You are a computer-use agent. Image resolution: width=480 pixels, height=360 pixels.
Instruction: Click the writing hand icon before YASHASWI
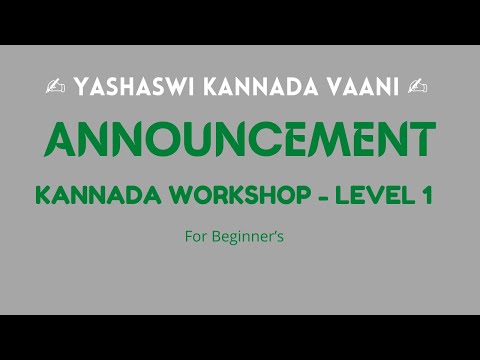(54, 88)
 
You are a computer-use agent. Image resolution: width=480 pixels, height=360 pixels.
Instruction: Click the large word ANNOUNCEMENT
(239, 140)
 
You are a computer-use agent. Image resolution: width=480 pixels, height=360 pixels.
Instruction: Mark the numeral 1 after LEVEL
(426, 196)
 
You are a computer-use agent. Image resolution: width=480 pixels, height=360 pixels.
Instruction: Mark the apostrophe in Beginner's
(276, 234)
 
